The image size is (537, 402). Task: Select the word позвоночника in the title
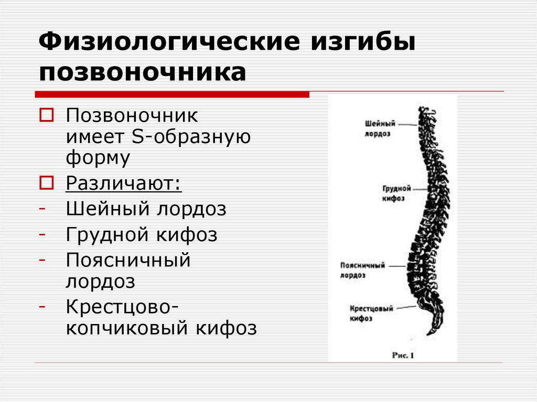pyautogui.click(x=142, y=72)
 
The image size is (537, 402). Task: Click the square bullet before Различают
pyautogui.click(x=46, y=183)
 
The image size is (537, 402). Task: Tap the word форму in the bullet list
pyautogui.click(x=98, y=158)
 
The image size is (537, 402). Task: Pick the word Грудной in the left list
pyautogui.click(x=107, y=234)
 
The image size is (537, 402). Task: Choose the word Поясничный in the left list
pyautogui.click(x=128, y=259)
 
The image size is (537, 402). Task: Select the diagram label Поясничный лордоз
pyautogui.click(x=362, y=269)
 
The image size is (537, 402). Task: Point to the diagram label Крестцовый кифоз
pyautogui.click(x=371, y=313)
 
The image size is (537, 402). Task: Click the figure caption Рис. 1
pyautogui.click(x=403, y=355)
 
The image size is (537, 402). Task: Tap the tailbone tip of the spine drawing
pyautogui.click(x=429, y=332)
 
